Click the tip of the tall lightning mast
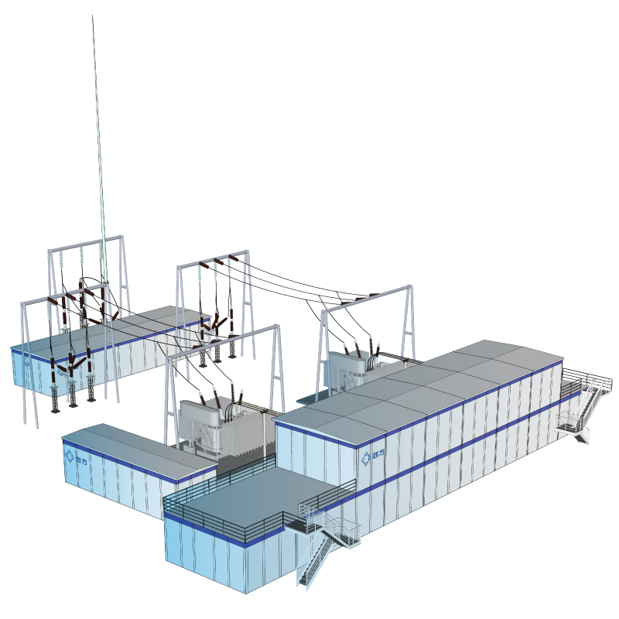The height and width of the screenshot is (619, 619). click(x=93, y=15)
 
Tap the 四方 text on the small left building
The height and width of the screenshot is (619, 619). click(x=81, y=460)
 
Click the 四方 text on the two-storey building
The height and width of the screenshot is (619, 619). click(x=378, y=456)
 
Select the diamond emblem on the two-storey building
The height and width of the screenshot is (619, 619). click(x=366, y=458)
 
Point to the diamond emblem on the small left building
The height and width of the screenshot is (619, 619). click(x=69, y=456)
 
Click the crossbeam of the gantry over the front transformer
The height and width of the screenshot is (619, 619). click(x=223, y=341)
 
